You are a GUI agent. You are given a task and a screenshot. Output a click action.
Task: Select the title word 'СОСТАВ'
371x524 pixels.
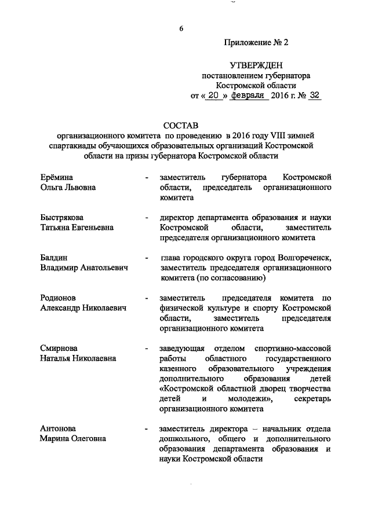tap(181, 125)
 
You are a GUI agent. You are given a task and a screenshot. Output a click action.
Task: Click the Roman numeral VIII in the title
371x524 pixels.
tap(271, 136)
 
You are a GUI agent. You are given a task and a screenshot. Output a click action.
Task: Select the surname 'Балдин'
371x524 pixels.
tap(54, 258)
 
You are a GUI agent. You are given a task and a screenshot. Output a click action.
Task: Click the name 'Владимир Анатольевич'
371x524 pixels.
tap(84, 269)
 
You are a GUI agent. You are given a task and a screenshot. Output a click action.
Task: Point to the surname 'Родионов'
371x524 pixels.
tap(59, 299)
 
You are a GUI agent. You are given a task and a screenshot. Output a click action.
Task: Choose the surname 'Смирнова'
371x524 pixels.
tap(59, 349)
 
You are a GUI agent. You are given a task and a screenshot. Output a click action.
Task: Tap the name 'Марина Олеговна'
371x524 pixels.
tap(73, 439)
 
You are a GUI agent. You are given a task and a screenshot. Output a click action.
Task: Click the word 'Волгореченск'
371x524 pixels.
tap(304, 258)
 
